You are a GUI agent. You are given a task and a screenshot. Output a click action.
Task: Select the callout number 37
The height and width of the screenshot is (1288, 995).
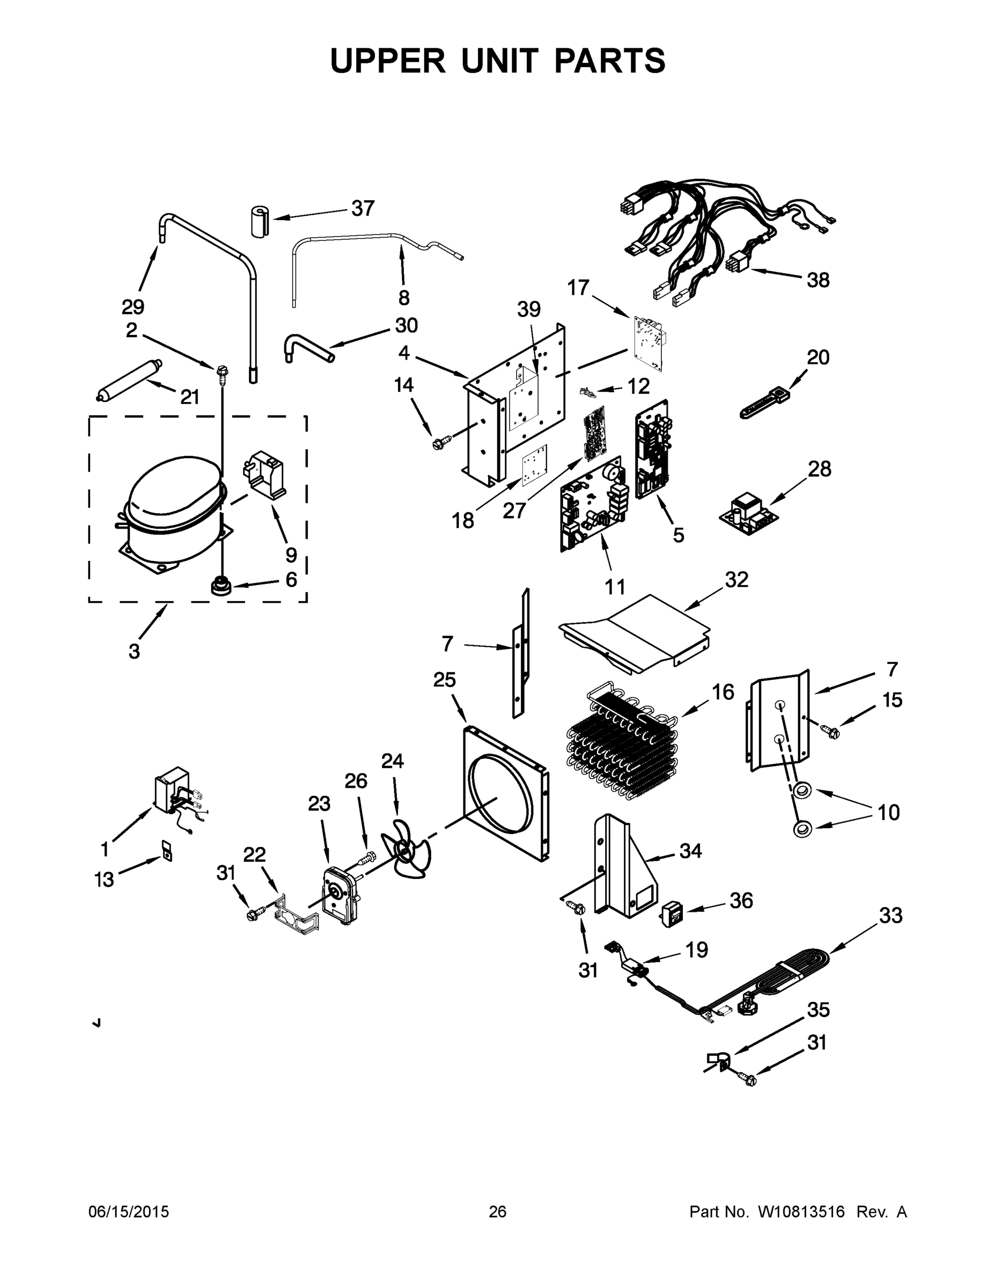click(363, 208)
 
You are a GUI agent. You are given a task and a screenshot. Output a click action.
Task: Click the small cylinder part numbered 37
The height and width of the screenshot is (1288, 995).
click(258, 222)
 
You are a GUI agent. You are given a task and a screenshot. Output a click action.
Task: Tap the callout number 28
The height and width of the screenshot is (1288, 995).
click(820, 469)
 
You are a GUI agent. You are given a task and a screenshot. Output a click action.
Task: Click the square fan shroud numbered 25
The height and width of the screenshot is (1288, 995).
click(505, 793)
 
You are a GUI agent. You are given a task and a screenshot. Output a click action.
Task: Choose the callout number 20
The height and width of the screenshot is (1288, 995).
click(818, 357)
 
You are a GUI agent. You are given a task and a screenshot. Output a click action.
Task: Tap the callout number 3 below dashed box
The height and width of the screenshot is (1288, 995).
click(135, 652)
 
